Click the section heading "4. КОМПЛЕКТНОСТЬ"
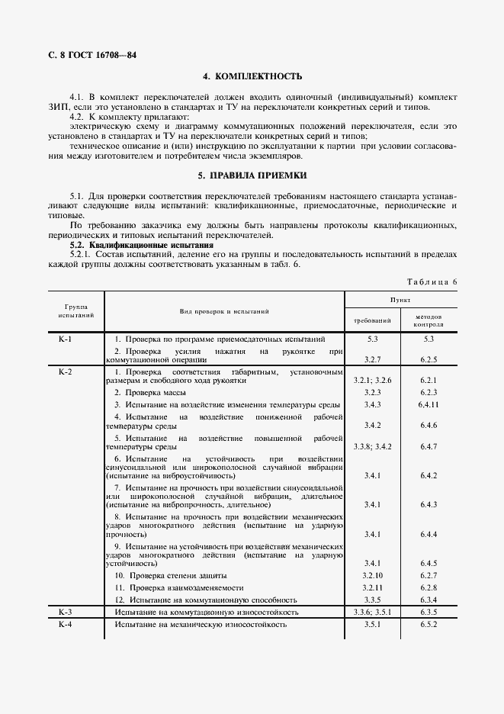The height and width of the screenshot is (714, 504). point(252,76)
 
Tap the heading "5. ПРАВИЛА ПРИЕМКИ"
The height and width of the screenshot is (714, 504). point(252,175)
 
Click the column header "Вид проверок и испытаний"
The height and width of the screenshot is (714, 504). point(224,311)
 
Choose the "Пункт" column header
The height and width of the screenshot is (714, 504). point(401,301)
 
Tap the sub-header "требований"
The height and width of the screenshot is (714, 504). point(372,320)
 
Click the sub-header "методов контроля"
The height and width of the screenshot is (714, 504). point(429,320)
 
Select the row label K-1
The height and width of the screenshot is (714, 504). point(65,339)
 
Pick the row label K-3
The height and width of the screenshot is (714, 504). point(65,613)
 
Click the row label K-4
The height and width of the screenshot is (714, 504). point(65,625)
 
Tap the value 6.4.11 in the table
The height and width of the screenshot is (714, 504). point(429,404)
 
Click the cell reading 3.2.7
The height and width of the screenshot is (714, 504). point(372,358)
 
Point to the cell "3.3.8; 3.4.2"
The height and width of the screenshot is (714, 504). point(372,445)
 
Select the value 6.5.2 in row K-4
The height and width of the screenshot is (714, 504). point(429,625)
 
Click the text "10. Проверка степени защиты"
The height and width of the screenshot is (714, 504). point(171,575)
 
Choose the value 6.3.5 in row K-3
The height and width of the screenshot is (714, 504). point(429,613)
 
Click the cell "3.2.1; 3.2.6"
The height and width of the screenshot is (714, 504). point(372,379)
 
